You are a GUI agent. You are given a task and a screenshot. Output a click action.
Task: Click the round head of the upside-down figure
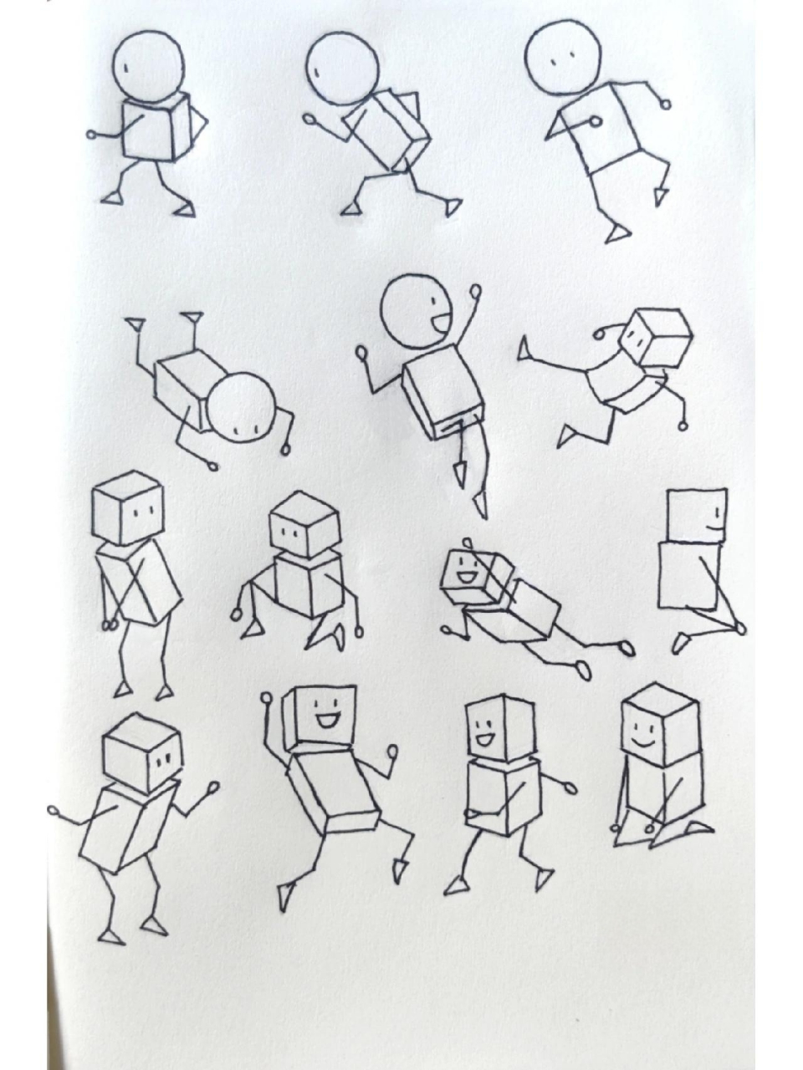(x=243, y=405)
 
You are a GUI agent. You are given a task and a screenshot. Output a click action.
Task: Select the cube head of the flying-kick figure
(x=659, y=338)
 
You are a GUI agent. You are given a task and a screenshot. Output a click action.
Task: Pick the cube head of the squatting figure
(x=305, y=525)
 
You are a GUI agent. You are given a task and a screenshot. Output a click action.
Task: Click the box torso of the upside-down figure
(x=186, y=390)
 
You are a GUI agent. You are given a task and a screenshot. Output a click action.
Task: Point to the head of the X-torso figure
(x=128, y=507)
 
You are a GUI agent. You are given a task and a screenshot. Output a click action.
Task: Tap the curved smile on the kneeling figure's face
(x=642, y=741)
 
